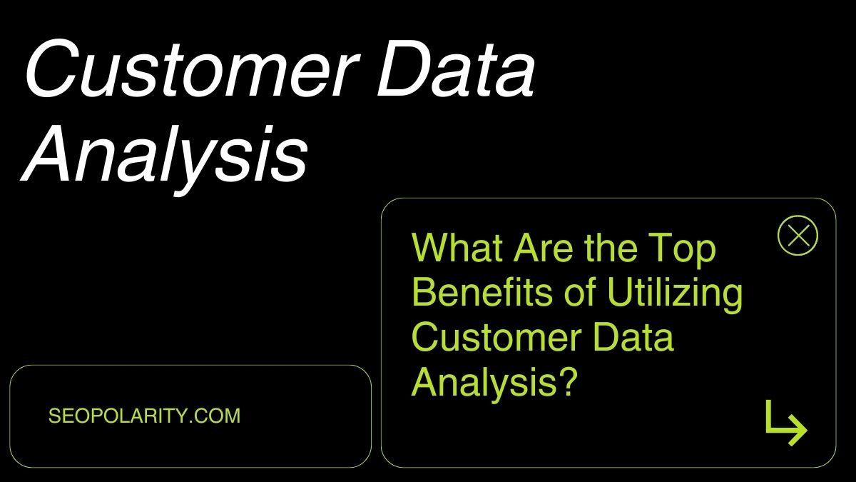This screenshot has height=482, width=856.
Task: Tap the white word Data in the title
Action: point(456,69)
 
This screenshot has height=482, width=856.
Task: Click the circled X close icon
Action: point(798,235)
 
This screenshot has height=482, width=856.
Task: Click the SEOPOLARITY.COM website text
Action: point(144,416)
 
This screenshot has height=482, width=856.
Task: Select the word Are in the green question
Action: point(543,248)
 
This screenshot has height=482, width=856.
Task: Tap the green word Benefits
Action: point(482,292)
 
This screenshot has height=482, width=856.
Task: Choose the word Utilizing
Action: point(676,294)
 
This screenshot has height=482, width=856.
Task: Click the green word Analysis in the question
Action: point(484,384)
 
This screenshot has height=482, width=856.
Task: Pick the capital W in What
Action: point(430,248)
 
